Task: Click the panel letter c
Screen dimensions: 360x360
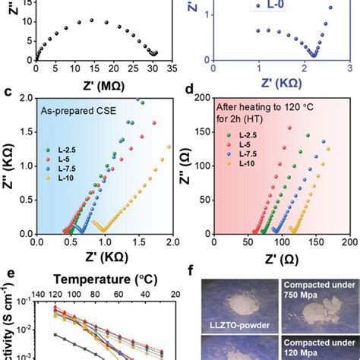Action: (x=7, y=93)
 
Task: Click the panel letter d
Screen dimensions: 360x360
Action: (x=191, y=93)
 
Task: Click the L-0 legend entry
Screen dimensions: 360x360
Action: (x=263, y=5)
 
